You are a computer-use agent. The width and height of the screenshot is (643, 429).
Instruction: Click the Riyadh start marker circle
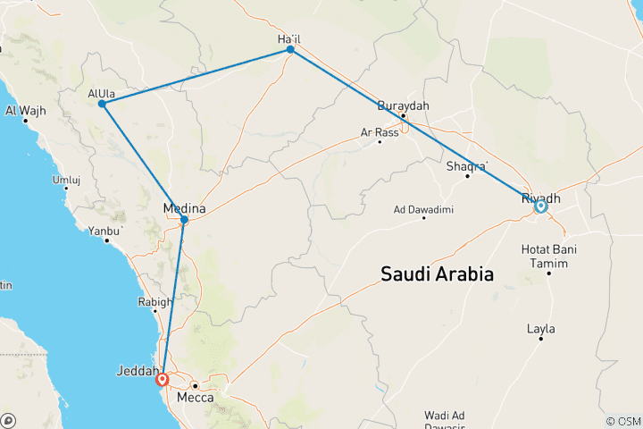click(540, 206)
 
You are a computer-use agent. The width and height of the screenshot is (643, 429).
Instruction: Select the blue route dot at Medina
click(184, 219)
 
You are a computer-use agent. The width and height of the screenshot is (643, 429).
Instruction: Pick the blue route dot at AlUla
click(103, 104)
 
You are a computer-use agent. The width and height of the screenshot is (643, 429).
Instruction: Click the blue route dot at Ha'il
click(290, 50)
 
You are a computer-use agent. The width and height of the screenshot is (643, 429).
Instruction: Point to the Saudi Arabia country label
click(437, 273)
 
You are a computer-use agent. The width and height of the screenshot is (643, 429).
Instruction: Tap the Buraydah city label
click(404, 105)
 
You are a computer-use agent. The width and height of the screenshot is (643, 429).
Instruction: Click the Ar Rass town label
click(379, 132)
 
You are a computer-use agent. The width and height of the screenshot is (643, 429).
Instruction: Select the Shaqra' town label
click(467, 166)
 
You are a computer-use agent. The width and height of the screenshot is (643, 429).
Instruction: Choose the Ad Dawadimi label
click(424, 210)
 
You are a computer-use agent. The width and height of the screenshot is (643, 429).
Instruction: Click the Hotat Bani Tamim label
click(548, 253)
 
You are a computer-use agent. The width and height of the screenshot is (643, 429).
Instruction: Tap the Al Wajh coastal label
click(25, 111)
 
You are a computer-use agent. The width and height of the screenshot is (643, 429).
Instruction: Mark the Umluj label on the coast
click(67, 180)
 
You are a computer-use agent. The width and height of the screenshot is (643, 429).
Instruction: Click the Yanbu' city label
click(104, 231)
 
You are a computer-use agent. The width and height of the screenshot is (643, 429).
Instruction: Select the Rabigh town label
click(154, 302)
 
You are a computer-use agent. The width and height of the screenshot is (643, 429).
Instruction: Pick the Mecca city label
click(195, 397)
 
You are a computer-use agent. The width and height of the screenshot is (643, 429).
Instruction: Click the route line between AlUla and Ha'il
click(196, 77)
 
